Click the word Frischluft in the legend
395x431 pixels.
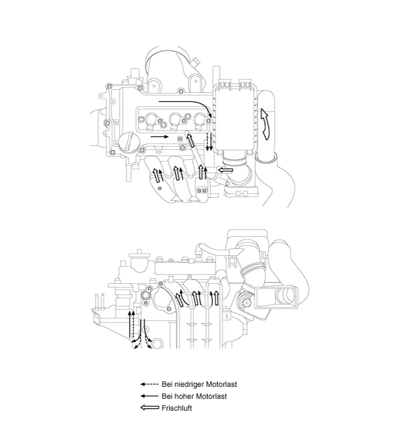pyautogui.click(x=176, y=408)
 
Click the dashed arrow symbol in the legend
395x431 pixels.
pyautogui.click(x=149, y=384)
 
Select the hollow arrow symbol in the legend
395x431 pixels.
pyautogui.click(x=149, y=408)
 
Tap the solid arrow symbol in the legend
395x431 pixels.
pyautogui.click(x=149, y=396)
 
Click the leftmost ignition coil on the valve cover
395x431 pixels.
pyautogui.click(x=152, y=118)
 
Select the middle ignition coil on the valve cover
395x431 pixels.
pyautogui.click(x=176, y=118)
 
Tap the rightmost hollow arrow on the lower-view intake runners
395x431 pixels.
pyautogui.click(x=216, y=296)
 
